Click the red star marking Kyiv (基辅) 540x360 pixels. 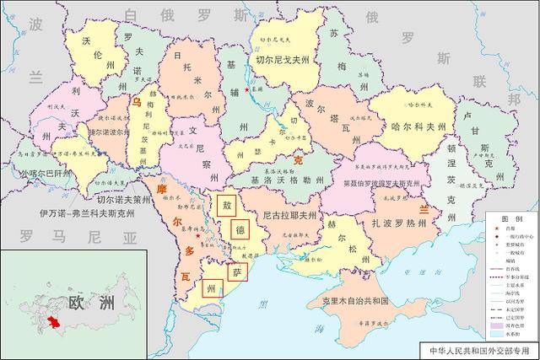[246, 89]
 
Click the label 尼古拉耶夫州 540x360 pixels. [288, 217]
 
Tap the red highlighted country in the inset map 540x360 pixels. [53, 323]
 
